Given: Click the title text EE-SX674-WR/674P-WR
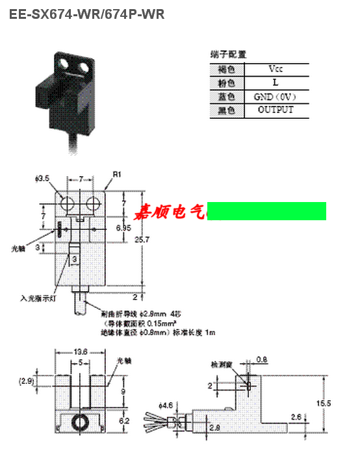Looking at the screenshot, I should [x=86, y=14].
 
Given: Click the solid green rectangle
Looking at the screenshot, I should [x=266, y=211].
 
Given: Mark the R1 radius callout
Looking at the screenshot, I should [x=117, y=175].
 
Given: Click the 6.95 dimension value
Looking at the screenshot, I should [x=123, y=228].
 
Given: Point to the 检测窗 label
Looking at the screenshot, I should [x=221, y=364].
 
